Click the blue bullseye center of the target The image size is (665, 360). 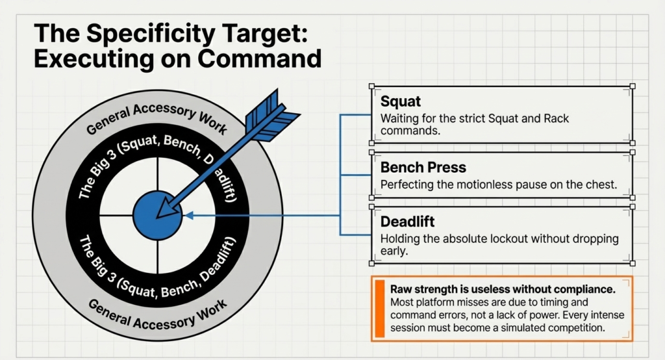(x=158, y=215)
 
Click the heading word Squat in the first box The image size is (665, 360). (x=401, y=102)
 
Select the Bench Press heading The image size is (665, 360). (x=423, y=168)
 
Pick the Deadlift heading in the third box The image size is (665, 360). (x=408, y=222)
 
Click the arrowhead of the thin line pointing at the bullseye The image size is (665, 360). (x=188, y=215)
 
